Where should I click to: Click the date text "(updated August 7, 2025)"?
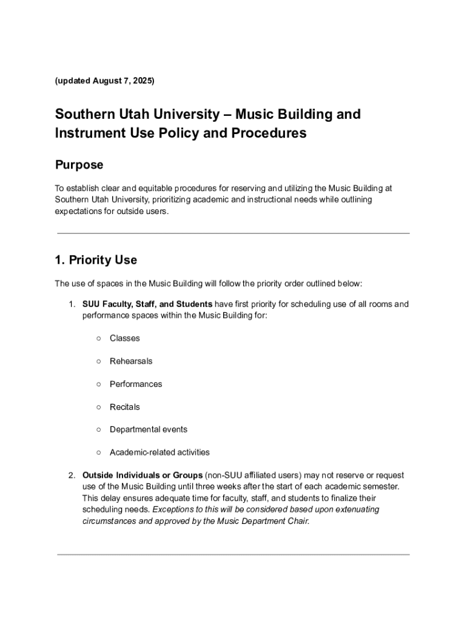point(104,81)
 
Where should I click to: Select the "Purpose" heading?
point(79,165)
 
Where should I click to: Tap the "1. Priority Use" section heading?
point(96,260)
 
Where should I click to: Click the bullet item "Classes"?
point(124,338)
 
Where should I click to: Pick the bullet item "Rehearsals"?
point(131,361)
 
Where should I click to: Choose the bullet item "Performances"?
point(136,384)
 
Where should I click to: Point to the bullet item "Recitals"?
point(124,407)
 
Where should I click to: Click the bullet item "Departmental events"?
point(148,429)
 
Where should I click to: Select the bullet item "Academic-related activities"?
point(160,452)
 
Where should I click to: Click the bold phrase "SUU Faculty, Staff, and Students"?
point(147,304)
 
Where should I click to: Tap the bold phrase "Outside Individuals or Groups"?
point(142,475)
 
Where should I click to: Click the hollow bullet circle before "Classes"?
point(98,338)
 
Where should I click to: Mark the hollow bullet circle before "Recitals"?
point(98,407)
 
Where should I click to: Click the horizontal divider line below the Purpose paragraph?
point(233,233)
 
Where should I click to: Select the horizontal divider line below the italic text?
point(233,554)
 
